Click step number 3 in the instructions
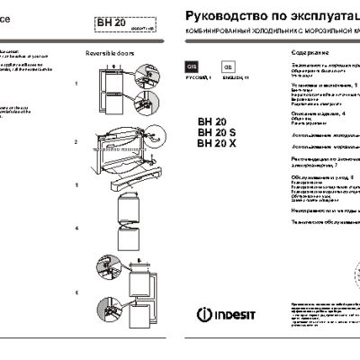coord(77,184)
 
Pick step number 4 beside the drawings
coord(77,229)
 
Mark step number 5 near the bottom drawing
coord(77,293)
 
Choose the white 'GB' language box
coord(228,67)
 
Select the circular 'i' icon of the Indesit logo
coord(202,315)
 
